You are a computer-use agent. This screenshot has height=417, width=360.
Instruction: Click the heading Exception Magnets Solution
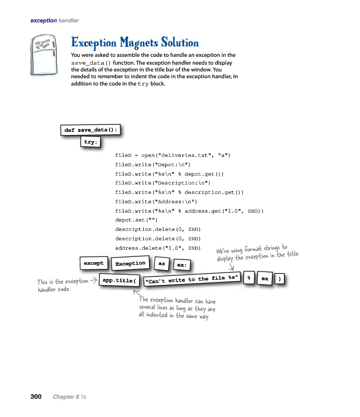coord(134,42)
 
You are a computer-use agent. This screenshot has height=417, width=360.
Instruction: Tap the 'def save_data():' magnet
coord(91,130)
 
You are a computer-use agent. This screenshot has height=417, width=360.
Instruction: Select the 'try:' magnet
coord(91,142)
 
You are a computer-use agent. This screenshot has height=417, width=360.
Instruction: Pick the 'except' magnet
coord(94,263)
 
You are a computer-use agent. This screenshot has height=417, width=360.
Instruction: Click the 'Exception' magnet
coord(130,263)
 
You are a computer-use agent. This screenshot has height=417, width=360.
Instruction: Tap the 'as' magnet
coord(162,264)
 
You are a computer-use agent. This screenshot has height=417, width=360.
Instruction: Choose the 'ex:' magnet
coord(181,265)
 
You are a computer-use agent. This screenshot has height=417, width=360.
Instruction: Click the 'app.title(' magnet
coord(119,280)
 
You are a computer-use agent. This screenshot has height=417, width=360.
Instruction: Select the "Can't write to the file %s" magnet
coord(192,279)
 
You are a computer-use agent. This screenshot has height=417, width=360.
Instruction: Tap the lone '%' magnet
coord(250,278)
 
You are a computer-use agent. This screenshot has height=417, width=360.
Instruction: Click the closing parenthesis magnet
coord(280,279)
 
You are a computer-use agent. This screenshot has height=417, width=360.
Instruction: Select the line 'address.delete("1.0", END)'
coord(158,248)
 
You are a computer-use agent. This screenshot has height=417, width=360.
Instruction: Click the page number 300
coord(35,397)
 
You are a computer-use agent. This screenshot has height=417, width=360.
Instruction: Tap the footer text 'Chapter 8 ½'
coord(69,397)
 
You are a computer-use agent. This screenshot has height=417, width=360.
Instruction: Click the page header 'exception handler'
coord(55,20)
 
